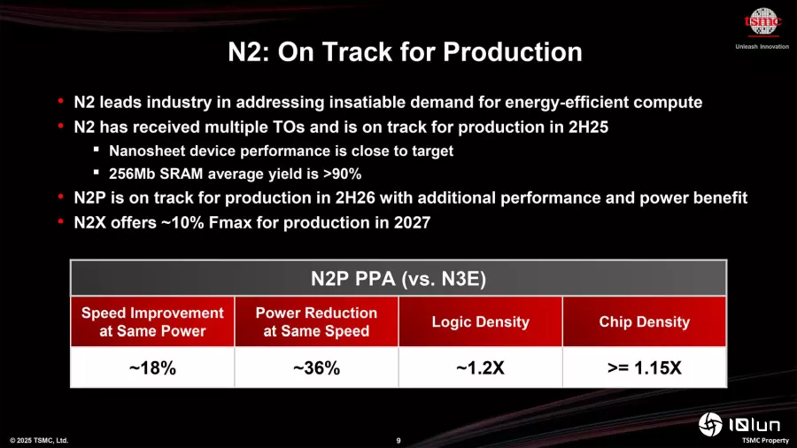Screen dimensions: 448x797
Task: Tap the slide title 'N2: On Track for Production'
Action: (x=405, y=51)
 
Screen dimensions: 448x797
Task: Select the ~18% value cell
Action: (x=152, y=367)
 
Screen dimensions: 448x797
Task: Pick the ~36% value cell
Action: (x=316, y=367)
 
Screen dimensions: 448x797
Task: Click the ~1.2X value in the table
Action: (x=481, y=367)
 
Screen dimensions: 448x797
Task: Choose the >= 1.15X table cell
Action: (x=644, y=367)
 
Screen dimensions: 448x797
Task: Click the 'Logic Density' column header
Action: (x=481, y=321)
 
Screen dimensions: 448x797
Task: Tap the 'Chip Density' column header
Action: (x=644, y=321)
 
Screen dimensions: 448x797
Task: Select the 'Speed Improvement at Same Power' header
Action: (x=152, y=321)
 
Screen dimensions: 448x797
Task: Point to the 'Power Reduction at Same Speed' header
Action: (x=316, y=321)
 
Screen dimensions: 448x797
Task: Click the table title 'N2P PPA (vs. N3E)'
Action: (x=398, y=279)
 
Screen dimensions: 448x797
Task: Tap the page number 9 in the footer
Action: (x=398, y=440)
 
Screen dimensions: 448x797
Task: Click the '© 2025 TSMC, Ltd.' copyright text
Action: (x=38, y=440)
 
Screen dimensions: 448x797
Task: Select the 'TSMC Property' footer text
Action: (x=764, y=440)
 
